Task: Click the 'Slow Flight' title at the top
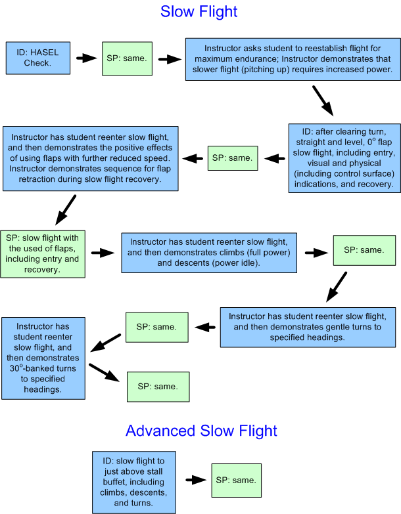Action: (199, 12)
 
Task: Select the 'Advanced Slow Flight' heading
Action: (201, 431)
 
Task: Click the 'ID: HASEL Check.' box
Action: (38, 58)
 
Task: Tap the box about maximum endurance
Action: (290, 59)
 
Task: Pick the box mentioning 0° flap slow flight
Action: (344, 158)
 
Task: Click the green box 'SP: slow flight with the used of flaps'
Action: (43, 253)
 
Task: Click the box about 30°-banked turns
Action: (43, 357)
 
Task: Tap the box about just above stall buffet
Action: (134, 482)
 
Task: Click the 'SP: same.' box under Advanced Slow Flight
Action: (237, 481)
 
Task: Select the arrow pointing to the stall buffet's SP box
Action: (195, 481)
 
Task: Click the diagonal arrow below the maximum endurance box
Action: (322, 99)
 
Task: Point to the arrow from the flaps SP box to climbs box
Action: (103, 252)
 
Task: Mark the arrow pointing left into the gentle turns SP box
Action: (206, 326)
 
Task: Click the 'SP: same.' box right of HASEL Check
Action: (126, 58)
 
